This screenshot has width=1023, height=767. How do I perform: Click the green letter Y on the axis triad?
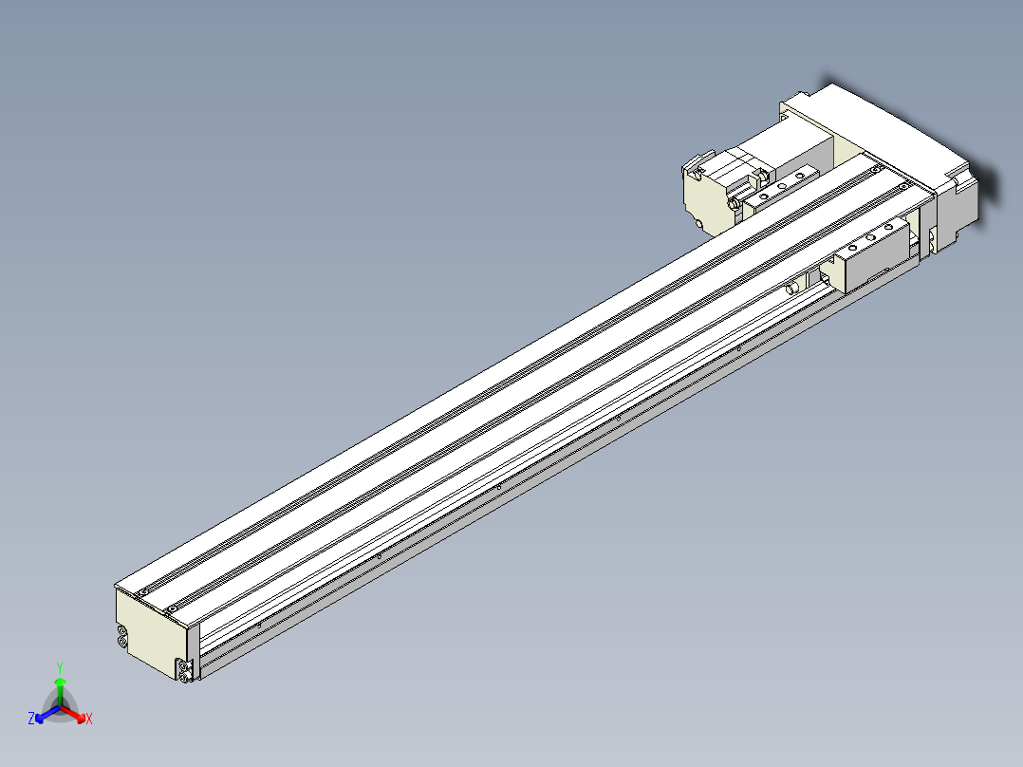(60, 667)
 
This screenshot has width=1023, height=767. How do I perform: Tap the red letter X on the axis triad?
(89, 720)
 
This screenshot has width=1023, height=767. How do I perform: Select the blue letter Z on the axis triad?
(31, 719)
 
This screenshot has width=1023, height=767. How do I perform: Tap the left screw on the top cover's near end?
(142, 591)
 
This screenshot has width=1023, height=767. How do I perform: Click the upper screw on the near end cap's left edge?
(121, 631)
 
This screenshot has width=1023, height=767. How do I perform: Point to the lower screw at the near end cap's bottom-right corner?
(184, 674)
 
